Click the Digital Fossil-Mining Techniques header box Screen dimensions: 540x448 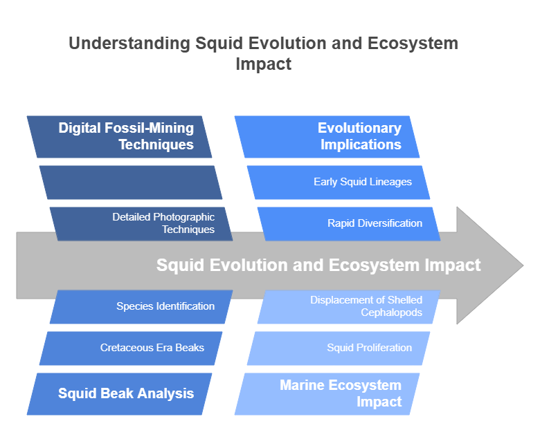[119, 137]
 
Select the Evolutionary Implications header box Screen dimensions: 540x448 [327, 137]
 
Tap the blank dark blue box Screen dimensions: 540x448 [131, 183]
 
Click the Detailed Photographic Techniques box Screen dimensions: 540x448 [141, 224]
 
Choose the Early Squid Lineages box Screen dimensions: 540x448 [339, 183]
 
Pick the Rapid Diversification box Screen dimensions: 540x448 [349, 224]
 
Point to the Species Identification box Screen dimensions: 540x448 [141, 307]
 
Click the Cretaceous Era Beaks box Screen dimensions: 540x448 [131, 348]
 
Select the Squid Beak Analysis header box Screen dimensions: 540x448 [119, 394]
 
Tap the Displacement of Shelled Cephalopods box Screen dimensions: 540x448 [349, 307]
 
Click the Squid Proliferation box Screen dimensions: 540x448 [339, 348]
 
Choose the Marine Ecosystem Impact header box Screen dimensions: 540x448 [327, 394]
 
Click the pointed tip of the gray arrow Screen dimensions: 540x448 [523, 265]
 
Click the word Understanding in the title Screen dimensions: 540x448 [129, 44]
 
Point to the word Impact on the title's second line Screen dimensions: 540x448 [264, 64]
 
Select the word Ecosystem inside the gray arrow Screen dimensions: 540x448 [375, 265]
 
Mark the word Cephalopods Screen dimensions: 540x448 [392, 312]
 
